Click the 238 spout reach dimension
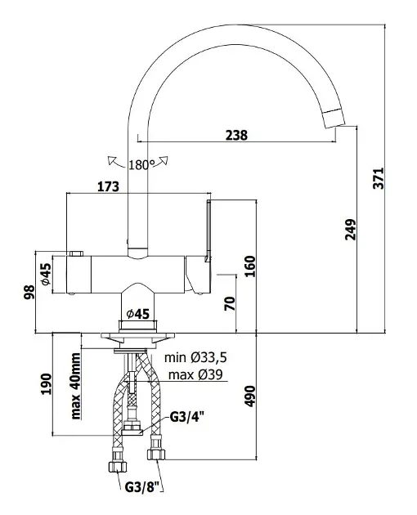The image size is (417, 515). click(236, 135)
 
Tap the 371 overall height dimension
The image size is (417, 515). click(379, 178)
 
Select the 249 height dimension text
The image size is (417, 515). click(351, 230)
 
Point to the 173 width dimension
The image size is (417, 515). click(108, 186)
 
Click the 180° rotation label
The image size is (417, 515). click(140, 165)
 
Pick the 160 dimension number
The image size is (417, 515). click(250, 266)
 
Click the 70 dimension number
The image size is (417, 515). click(230, 303)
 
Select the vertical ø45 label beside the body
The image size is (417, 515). click(47, 274)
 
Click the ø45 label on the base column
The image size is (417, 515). click(138, 315)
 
